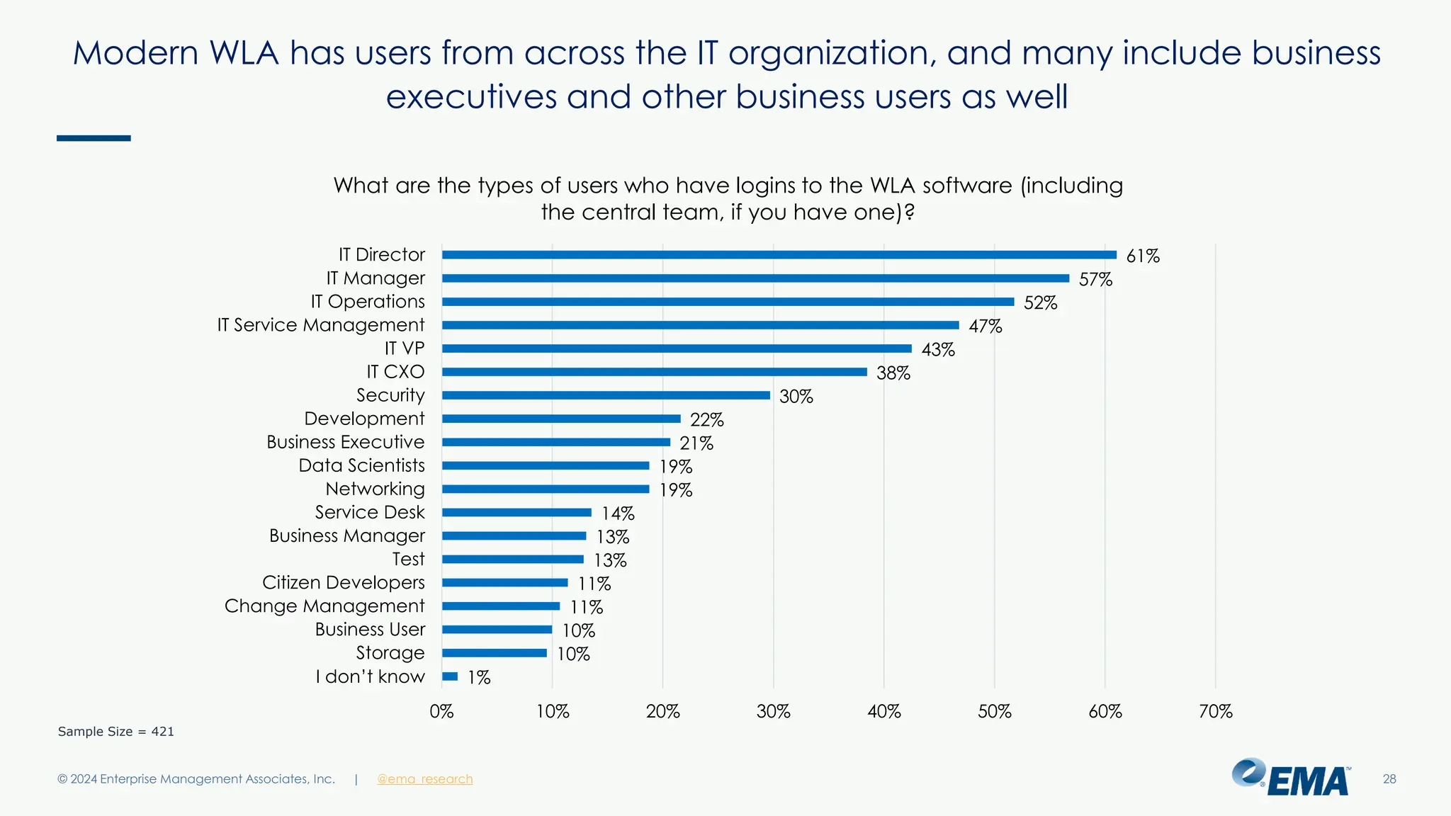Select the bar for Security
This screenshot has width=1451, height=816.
click(606, 395)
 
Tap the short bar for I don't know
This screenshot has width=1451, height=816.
click(450, 676)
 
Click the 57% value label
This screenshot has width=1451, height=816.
click(1095, 280)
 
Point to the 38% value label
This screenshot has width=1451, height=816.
click(893, 373)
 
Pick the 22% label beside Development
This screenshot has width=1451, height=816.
click(706, 420)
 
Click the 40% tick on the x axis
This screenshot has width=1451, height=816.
click(883, 711)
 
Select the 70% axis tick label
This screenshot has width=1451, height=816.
click(1215, 711)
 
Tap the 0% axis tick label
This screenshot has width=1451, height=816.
click(441, 711)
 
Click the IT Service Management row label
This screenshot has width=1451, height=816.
click(320, 325)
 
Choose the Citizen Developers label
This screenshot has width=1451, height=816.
click(343, 582)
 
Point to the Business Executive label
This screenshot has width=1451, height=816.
click(345, 442)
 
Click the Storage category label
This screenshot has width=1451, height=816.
click(390, 652)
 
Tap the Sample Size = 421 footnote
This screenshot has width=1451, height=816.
click(115, 732)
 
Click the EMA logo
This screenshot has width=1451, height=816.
click(1291, 778)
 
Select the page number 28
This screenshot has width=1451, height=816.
click(1389, 779)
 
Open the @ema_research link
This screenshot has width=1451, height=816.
click(424, 779)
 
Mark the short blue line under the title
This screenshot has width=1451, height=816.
click(94, 138)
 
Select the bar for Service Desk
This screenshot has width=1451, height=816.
click(516, 512)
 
